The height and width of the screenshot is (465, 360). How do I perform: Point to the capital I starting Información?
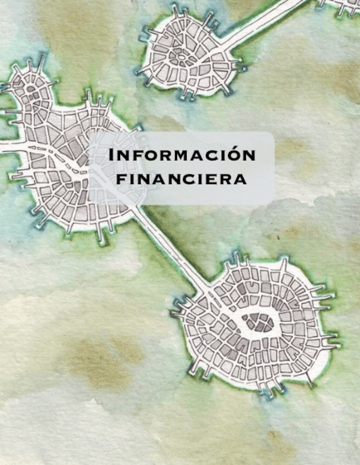tap(112, 155)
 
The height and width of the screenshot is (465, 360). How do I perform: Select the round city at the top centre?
tap(189, 55)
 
